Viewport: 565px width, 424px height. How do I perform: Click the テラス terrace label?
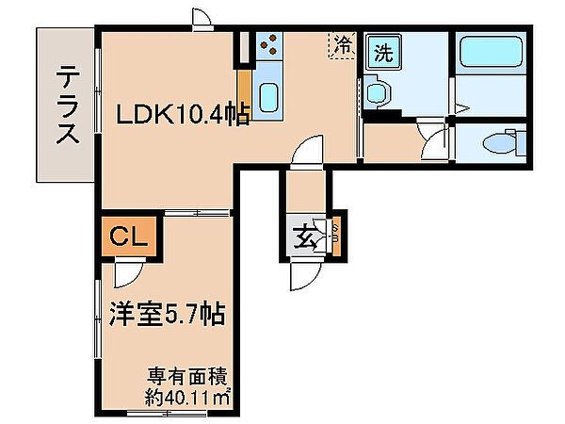point(68,105)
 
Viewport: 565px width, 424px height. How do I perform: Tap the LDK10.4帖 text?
point(183,114)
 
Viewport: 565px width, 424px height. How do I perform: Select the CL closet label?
point(128,236)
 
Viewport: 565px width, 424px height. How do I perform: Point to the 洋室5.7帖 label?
point(168,313)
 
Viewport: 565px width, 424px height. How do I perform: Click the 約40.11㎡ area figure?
point(187,398)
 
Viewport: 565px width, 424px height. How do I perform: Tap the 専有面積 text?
point(187,378)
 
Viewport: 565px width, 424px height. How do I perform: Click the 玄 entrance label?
point(305,237)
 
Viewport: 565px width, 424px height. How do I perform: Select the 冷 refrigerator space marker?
point(342,44)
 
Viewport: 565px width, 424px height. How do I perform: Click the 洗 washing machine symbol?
point(383,53)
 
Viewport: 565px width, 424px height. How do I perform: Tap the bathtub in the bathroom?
point(492,51)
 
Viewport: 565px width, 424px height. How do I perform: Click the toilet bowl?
point(500,143)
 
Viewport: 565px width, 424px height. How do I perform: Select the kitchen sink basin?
point(268,98)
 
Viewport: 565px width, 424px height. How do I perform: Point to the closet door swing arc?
point(129,274)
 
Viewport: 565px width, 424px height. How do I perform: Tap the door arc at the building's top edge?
point(202,16)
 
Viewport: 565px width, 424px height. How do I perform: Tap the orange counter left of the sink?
point(246,93)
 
